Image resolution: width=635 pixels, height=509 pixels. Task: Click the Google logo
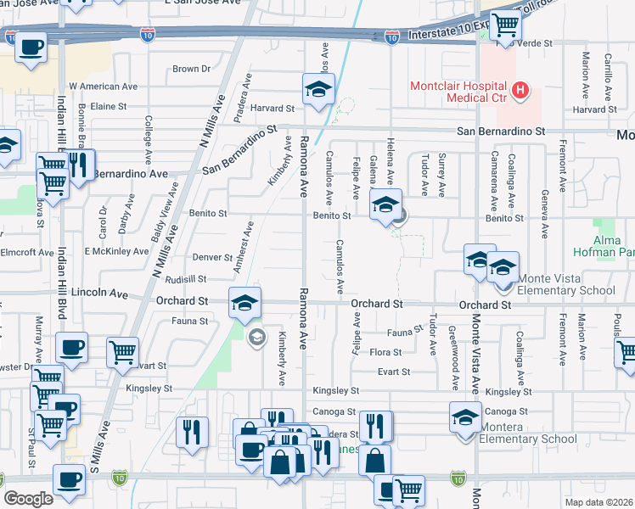pos(28,498)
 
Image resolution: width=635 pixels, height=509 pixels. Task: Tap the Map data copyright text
pos(599,502)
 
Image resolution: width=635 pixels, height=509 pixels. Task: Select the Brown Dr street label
pos(191,69)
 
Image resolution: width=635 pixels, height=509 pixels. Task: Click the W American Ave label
pos(103,87)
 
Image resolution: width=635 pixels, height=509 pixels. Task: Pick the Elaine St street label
pos(108,106)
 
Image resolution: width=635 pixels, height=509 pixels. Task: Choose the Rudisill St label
pos(186,278)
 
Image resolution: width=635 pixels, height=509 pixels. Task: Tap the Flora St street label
pos(385,351)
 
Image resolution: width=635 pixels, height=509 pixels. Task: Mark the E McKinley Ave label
pos(116,251)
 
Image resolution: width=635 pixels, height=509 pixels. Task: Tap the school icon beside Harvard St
pos(318,89)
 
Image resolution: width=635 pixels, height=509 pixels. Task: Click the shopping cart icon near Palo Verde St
pos(506,25)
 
